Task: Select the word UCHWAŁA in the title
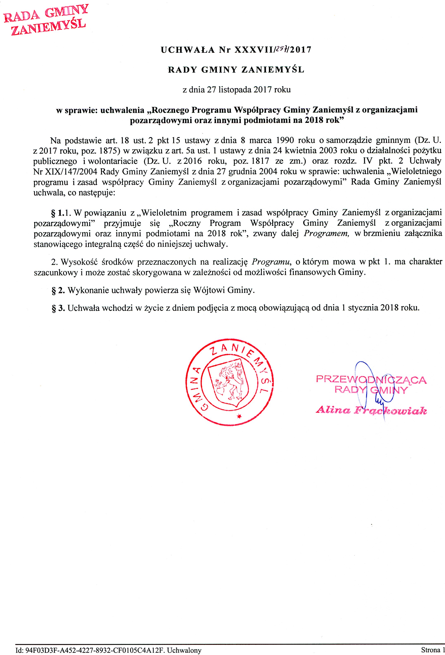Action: (x=188, y=50)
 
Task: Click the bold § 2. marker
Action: (x=58, y=290)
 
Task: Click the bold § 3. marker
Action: (x=58, y=308)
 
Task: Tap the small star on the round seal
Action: (x=239, y=416)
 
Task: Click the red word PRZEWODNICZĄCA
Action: (x=371, y=379)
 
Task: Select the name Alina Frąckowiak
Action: (x=371, y=410)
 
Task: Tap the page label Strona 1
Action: (x=431, y=650)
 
